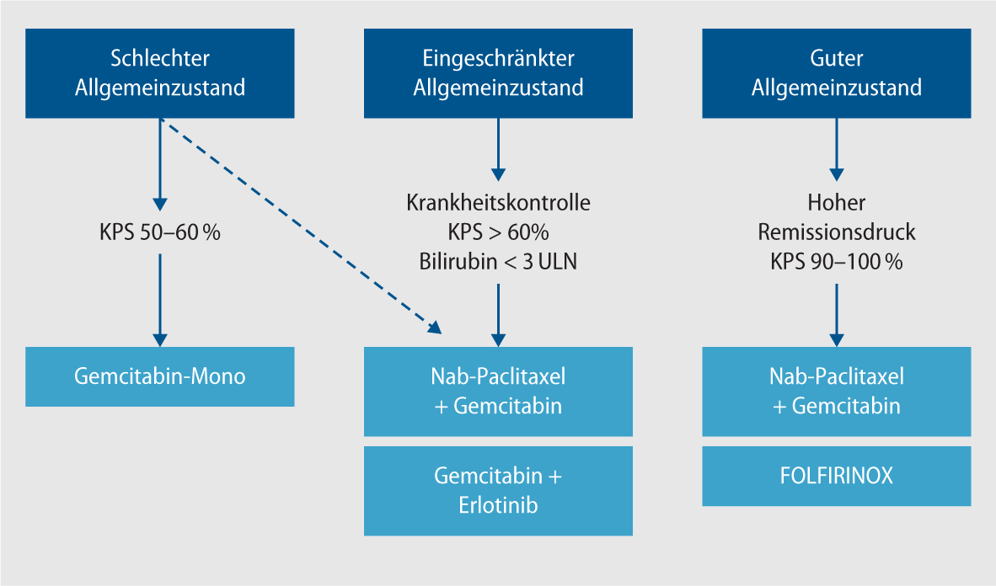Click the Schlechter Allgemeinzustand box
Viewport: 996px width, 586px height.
pyautogui.click(x=160, y=72)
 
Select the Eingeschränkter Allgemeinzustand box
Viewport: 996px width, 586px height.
pyautogui.click(x=498, y=72)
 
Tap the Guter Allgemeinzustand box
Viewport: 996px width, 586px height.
pyautogui.click(x=836, y=72)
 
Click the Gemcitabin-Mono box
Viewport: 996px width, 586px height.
pyautogui.click(x=160, y=376)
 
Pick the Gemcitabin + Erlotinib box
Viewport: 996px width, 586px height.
pyautogui.click(x=498, y=491)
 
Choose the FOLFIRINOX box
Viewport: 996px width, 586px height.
pyautogui.click(x=836, y=476)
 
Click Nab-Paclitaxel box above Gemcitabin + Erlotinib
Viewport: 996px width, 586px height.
pyautogui.click(x=498, y=391)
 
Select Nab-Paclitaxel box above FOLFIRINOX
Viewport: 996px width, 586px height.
pyautogui.click(x=836, y=391)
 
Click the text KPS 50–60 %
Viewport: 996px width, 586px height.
pyautogui.click(x=160, y=232)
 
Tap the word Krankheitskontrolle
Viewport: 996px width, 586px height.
pyautogui.click(x=498, y=203)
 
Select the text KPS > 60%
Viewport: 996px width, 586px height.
pyautogui.click(x=498, y=232)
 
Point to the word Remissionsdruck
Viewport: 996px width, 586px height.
pyautogui.click(x=836, y=232)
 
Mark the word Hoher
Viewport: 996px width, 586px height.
pyautogui.click(x=836, y=203)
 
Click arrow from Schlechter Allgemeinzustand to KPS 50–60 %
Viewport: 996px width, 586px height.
pyautogui.click(x=160, y=164)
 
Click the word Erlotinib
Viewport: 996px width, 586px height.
pyautogui.click(x=498, y=505)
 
